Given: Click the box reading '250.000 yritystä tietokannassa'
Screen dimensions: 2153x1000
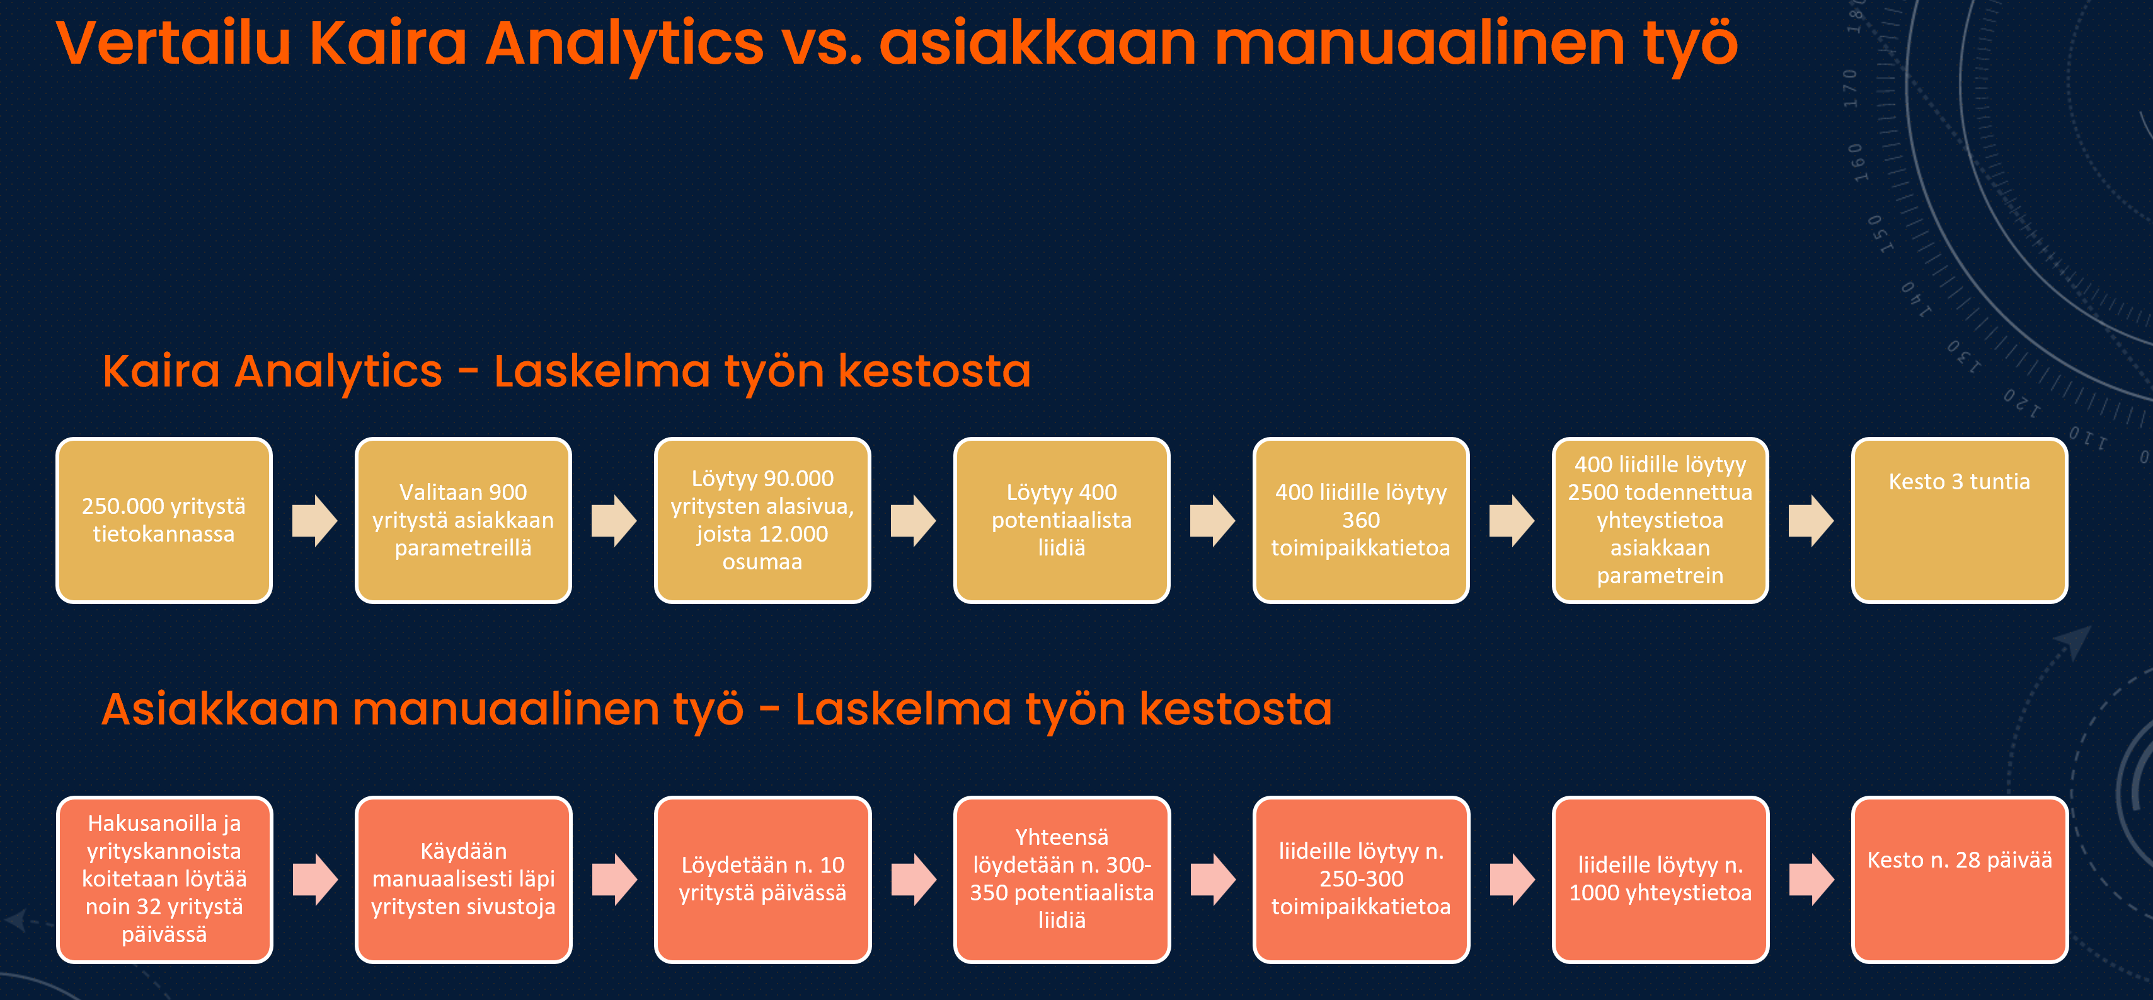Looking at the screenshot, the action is click(x=164, y=520).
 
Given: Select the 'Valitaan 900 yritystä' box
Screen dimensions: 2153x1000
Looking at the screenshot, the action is click(x=463, y=520).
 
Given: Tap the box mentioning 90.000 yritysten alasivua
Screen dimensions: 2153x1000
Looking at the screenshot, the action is click(x=762, y=520).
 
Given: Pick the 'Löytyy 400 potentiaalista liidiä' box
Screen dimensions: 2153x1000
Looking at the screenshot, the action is click(x=1062, y=520).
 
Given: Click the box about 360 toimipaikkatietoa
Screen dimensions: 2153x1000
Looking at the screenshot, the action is click(x=1361, y=520).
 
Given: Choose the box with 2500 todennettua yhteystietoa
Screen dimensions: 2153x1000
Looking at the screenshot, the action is click(x=1660, y=520).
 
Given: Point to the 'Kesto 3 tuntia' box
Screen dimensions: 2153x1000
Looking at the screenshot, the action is click(x=1959, y=520).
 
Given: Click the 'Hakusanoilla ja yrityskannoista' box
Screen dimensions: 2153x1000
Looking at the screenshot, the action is click(x=164, y=879).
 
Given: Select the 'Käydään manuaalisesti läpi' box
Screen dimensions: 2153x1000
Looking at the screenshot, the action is click(x=463, y=879).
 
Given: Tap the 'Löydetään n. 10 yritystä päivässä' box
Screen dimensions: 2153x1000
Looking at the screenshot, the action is click(x=762, y=879).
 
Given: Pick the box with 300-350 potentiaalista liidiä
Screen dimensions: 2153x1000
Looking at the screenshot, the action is click(x=1062, y=879).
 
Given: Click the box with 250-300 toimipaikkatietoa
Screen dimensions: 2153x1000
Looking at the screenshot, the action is click(x=1361, y=879).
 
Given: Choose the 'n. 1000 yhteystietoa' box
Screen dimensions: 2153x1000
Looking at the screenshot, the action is click(x=1660, y=879).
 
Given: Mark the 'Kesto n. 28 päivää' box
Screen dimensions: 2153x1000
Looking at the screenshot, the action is click(x=1959, y=879).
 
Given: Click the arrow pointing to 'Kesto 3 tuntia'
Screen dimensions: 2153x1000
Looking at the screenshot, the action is click(x=1811, y=520).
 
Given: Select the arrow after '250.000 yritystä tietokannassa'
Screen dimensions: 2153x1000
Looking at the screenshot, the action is click(x=314, y=520).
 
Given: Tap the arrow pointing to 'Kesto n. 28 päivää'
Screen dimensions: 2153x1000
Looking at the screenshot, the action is click(x=1811, y=879).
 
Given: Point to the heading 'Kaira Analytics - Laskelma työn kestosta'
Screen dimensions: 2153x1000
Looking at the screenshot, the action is click(x=566, y=371).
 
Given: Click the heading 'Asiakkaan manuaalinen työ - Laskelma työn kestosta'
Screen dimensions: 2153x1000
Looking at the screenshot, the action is click(x=716, y=709).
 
